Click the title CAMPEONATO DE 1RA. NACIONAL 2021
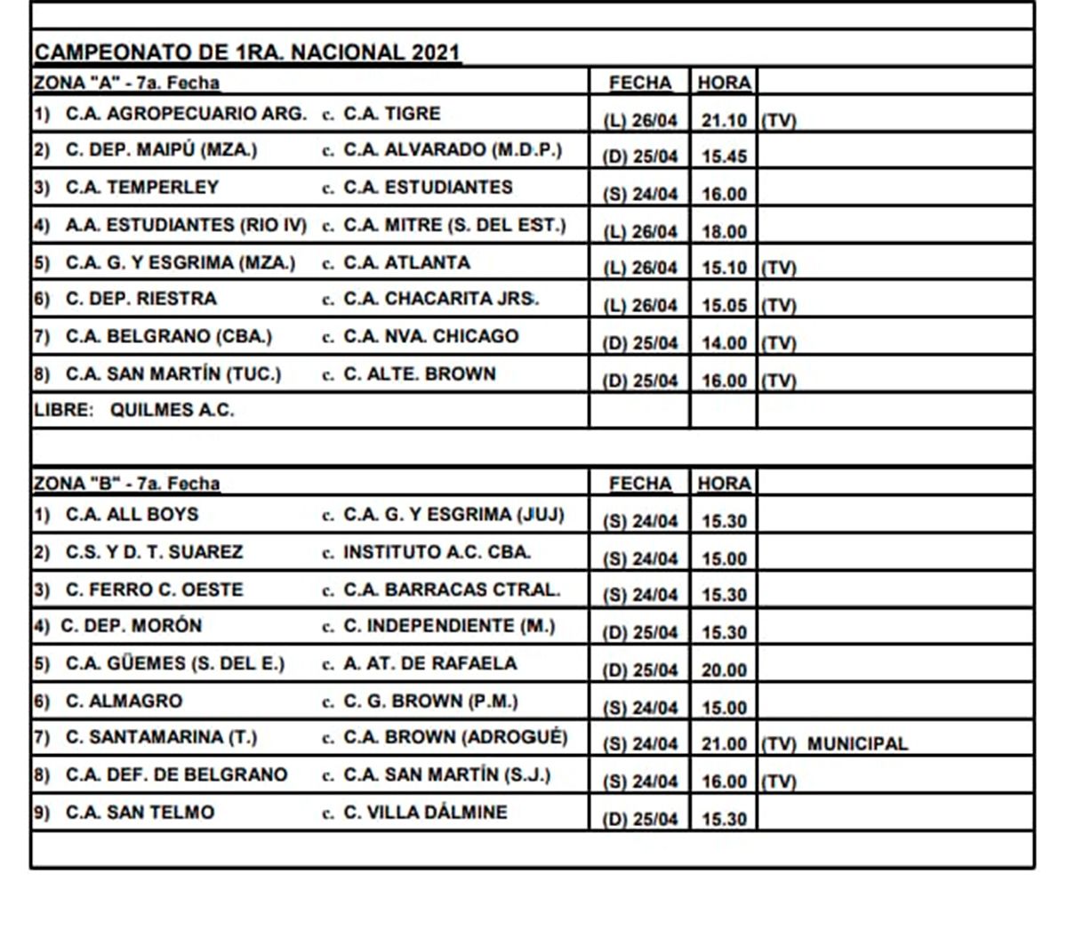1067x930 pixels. click(x=247, y=52)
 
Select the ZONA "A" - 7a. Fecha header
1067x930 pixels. click(x=126, y=83)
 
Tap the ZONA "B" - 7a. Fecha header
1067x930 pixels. click(x=126, y=484)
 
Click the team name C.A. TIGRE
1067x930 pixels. click(x=391, y=114)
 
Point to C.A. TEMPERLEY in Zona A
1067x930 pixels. click(x=141, y=188)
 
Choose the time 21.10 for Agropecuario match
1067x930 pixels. click(x=724, y=120)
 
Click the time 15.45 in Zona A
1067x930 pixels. click(x=724, y=156)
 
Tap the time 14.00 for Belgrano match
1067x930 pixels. click(x=724, y=343)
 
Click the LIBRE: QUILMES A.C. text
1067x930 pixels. click(x=133, y=411)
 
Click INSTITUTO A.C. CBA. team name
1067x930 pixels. click(x=437, y=552)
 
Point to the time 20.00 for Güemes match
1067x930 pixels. click(x=724, y=670)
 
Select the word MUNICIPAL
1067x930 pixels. click(x=857, y=744)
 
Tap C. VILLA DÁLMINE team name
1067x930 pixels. click(x=425, y=812)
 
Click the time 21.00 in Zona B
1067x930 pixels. click(x=724, y=744)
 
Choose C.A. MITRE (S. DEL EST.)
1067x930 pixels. click(x=453, y=225)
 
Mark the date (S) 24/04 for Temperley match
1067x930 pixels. click(x=640, y=194)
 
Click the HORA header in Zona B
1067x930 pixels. click(x=724, y=484)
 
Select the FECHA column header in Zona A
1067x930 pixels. click(x=640, y=83)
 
